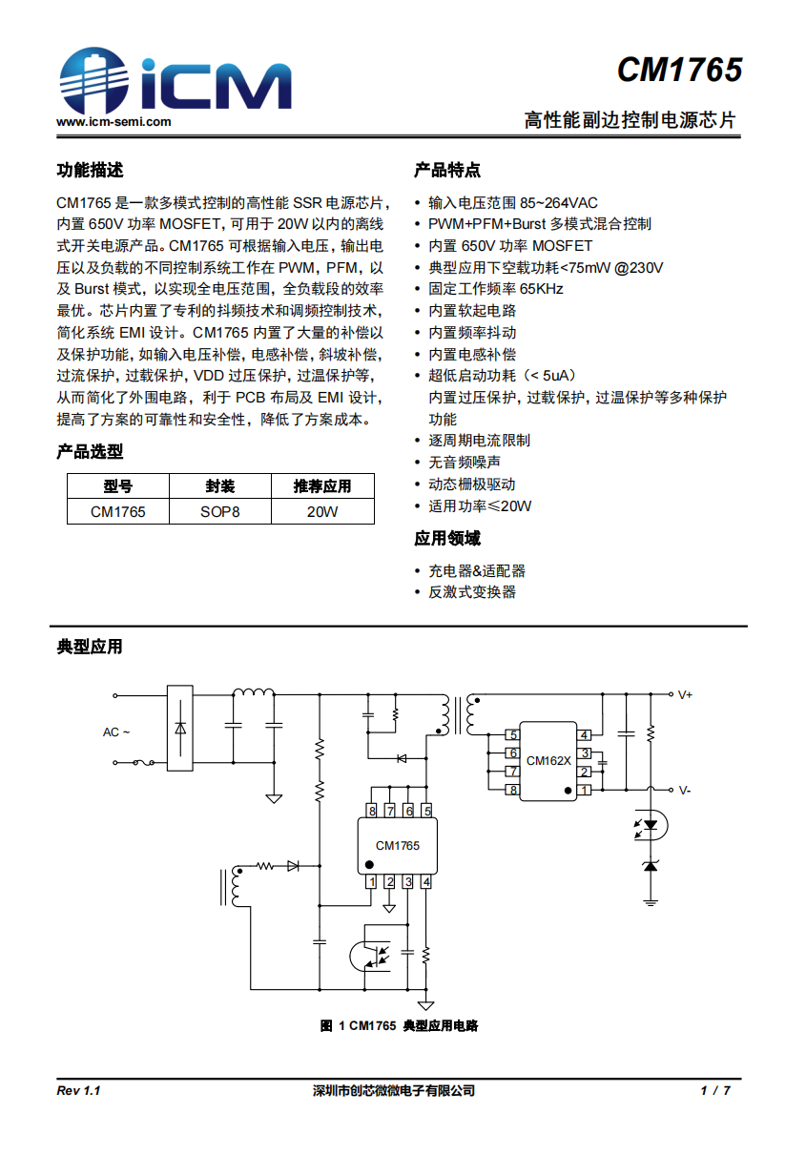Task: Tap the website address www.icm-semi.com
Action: coord(114,122)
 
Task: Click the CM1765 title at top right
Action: coord(678,71)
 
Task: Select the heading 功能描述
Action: coord(90,171)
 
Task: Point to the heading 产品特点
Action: coord(446,171)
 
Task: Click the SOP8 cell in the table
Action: coord(219,512)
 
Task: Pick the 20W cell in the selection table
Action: coord(321,512)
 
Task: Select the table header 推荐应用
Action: coord(321,486)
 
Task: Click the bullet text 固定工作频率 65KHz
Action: coord(496,289)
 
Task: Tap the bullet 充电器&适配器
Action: coord(477,571)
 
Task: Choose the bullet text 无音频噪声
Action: coord(465,463)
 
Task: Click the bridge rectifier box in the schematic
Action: coord(180,728)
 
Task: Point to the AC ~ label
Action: coord(115,732)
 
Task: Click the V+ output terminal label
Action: coord(685,695)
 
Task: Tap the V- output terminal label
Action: coord(685,790)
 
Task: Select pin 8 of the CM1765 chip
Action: coord(371,811)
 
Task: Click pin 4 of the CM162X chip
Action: coord(585,734)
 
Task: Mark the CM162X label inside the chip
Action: coord(548,761)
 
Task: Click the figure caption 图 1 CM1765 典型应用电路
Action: coord(399,1026)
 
